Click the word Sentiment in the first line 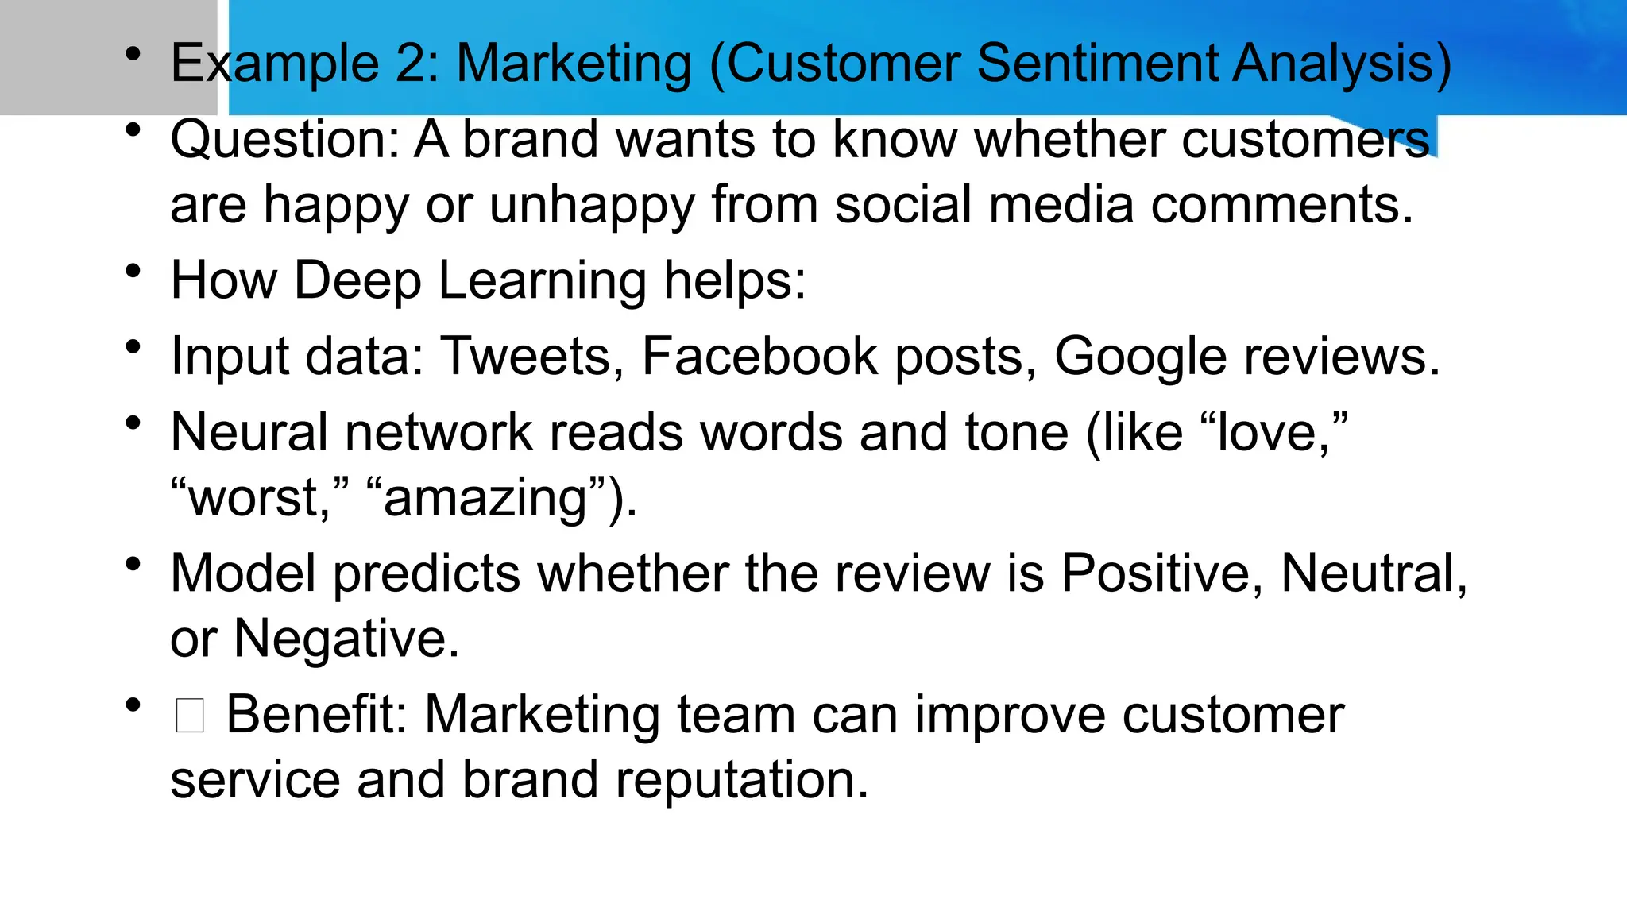(1096, 64)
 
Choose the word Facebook (759, 357)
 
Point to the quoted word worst (254, 499)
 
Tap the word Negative (346, 639)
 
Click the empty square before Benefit (191, 716)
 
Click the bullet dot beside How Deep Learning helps (133, 272)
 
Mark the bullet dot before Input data (133, 347)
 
